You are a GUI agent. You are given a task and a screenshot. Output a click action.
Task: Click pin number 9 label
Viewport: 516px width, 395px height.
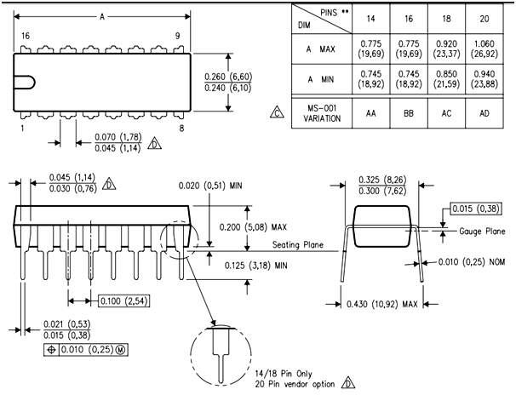click(177, 37)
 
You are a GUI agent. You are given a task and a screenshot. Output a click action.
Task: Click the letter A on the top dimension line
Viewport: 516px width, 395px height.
click(103, 16)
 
